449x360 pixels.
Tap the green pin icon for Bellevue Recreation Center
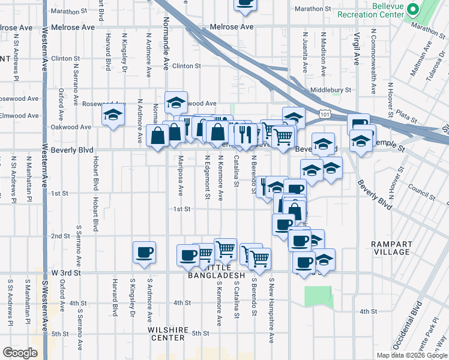(413, 10)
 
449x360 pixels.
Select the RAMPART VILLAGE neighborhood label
(391, 248)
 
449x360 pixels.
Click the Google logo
(20, 353)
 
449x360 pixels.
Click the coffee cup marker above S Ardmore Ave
(144, 253)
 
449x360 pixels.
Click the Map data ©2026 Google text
(411, 355)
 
